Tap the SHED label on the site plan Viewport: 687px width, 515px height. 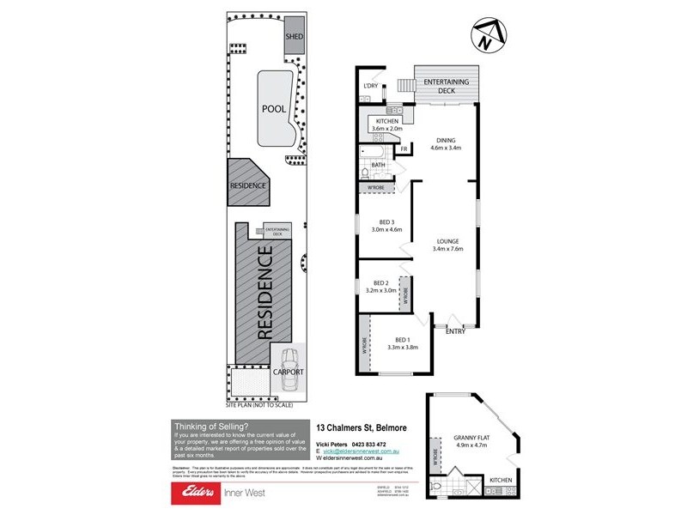tap(295, 38)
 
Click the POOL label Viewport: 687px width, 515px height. tap(274, 109)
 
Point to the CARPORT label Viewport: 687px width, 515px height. tap(288, 373)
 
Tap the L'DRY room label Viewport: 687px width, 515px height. tap(371, 86)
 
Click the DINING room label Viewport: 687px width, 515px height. tap(445, 143)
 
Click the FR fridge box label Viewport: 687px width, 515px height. tap(403, 150)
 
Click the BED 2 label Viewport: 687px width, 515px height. tap(381, 287)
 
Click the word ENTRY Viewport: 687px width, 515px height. tap(455, 333)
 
